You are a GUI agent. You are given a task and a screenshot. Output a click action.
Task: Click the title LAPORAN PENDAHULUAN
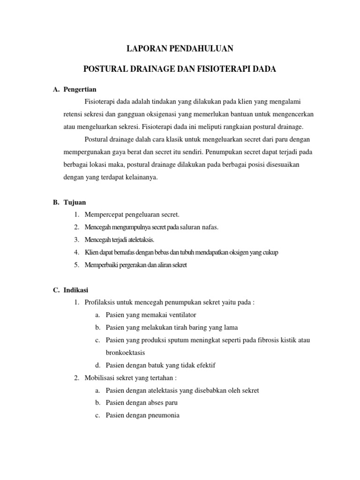point(180,48)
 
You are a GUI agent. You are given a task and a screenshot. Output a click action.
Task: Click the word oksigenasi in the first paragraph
point(161,114)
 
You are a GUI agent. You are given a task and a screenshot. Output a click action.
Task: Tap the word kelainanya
point(142,178)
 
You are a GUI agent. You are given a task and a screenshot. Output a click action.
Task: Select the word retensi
point(73,114)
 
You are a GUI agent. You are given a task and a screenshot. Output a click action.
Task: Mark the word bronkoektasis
point(126,352)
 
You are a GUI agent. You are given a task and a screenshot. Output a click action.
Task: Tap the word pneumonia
point(163,415)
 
